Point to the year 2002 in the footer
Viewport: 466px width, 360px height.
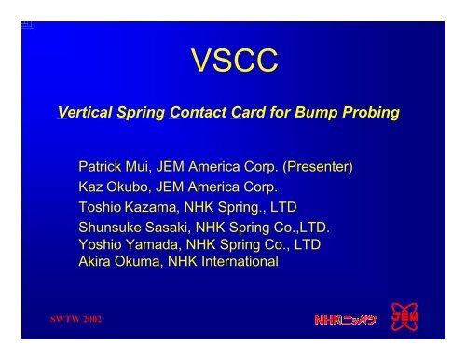(x=90, y=319)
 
